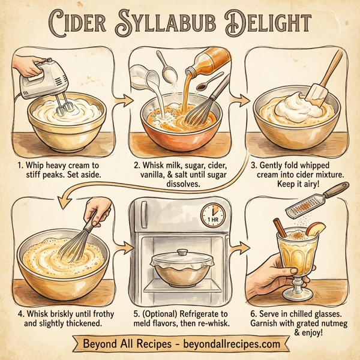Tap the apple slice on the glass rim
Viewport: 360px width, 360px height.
tap(316, 229)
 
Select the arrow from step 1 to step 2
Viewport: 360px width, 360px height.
tap(122, 100)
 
